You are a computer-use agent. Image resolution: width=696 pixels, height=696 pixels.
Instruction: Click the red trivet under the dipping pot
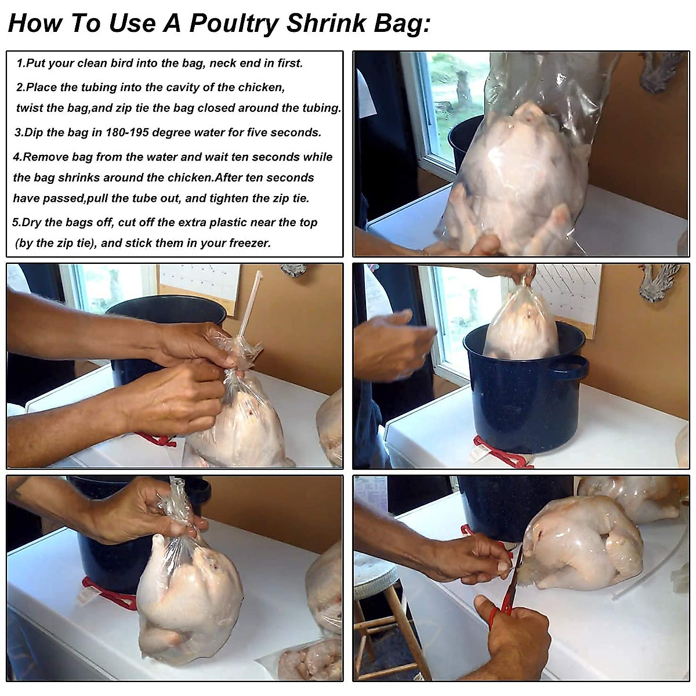tap(502, 452)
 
